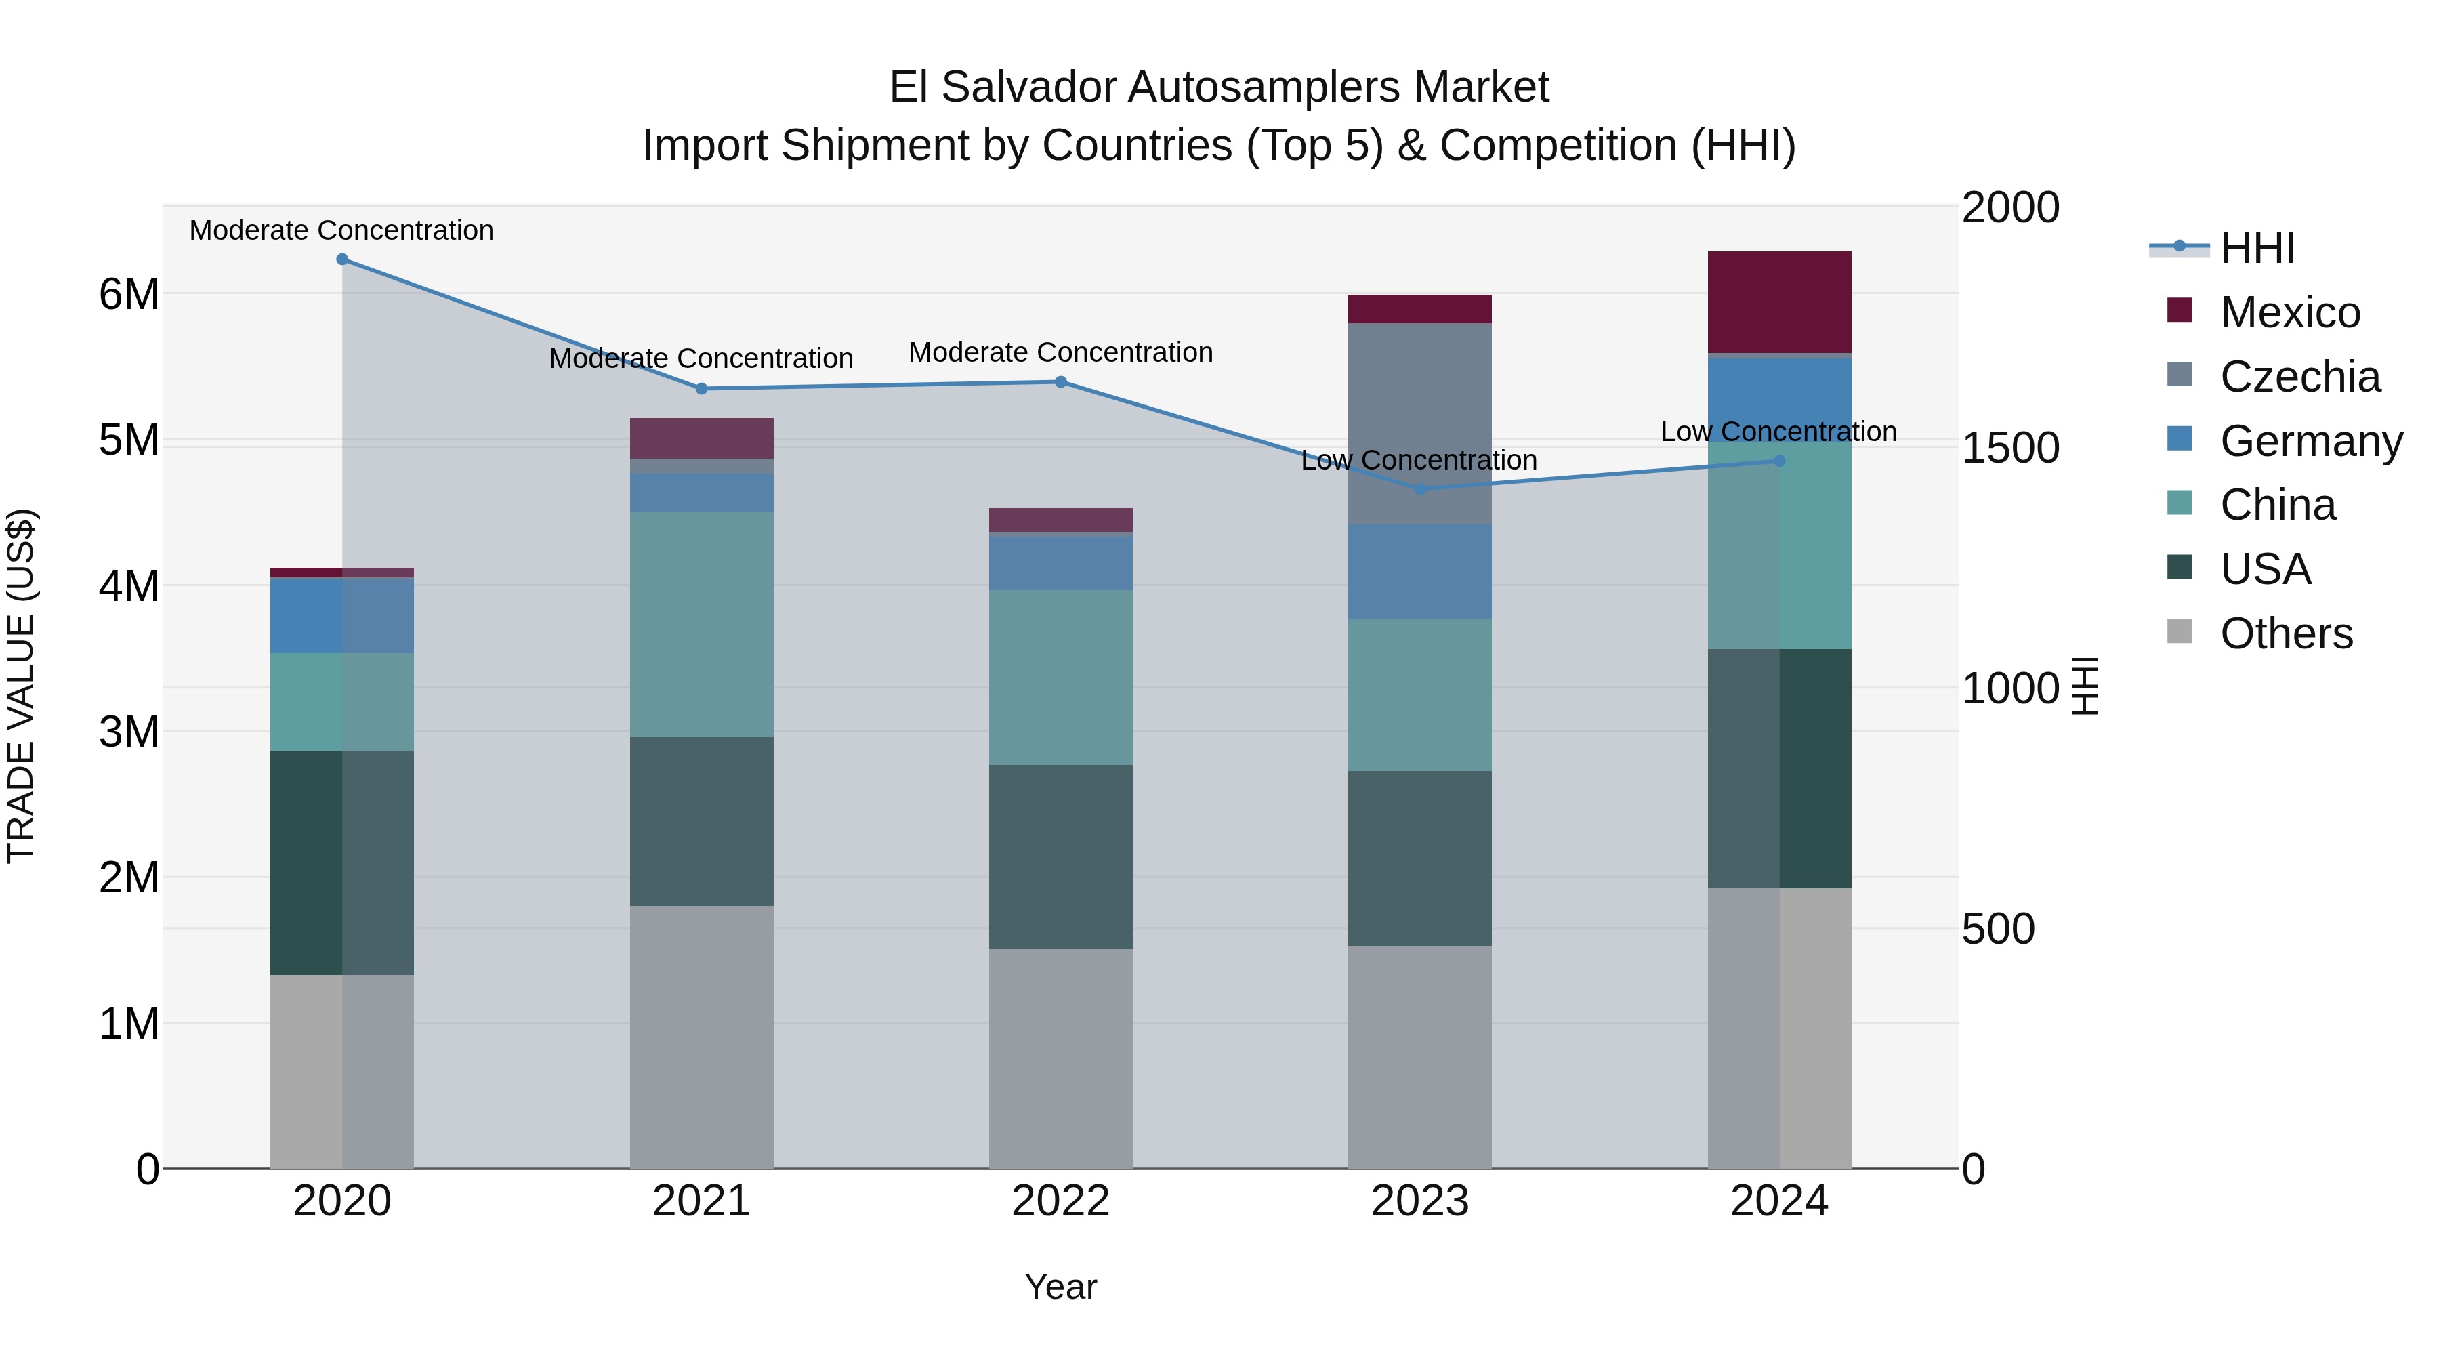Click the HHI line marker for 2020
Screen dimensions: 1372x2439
click(343, 259)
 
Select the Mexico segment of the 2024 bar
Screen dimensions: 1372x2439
click(1779, 302)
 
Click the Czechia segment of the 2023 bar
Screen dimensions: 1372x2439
click(1419, 423)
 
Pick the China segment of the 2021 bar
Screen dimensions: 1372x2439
click(702, 624)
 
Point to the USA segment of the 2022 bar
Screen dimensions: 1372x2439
click(1060, 857)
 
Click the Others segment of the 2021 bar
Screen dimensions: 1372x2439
click(702, 1037)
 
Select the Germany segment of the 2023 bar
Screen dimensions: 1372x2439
click(1419, 572)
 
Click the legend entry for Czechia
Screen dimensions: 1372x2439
click(2299, 377)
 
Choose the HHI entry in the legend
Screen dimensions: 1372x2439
click(2256, 248)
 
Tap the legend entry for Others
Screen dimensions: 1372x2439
click(2286, 633)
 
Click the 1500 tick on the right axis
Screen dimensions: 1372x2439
click(2009, 448)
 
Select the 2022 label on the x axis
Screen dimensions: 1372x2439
click(1060, 1201)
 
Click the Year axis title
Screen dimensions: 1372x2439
click(1060, 1287)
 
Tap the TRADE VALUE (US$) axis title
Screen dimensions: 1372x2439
click(21, 686)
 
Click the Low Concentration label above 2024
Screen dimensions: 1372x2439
click(1778, 432)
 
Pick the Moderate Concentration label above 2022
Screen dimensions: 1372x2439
click(1060, 352)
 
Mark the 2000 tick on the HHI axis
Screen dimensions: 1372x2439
click(2009, 207)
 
